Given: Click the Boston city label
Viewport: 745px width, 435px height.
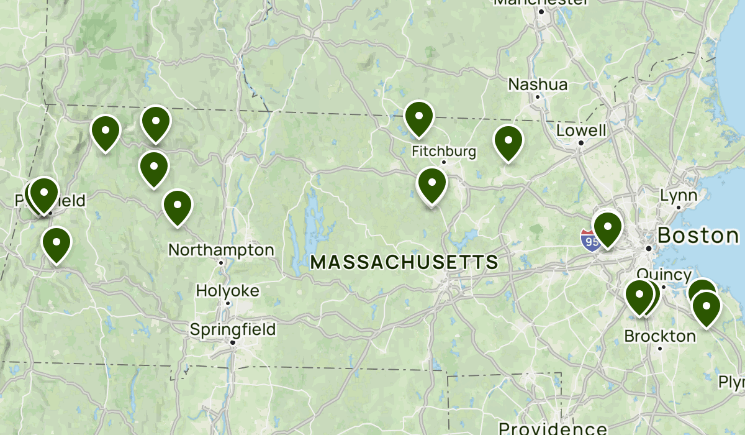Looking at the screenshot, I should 698,236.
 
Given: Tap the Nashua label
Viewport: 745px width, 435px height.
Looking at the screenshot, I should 538,84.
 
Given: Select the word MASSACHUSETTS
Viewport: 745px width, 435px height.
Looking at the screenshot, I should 404,262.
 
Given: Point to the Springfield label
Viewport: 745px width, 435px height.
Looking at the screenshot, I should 233,329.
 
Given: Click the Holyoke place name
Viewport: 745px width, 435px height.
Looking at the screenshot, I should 228,290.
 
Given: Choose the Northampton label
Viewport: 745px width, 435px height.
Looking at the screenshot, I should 221,250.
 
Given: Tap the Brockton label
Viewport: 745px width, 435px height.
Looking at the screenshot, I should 660,336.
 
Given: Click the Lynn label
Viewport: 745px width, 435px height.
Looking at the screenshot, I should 679,196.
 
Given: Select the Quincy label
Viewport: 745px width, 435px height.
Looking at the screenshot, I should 664,275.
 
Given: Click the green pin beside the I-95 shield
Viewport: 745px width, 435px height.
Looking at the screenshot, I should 607,228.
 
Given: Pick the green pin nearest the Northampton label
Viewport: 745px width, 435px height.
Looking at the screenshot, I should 178,207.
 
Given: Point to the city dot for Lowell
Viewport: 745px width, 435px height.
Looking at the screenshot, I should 580,143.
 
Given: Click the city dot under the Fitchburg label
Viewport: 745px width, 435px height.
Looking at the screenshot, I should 444,162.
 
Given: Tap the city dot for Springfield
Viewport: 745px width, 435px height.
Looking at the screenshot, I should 233,342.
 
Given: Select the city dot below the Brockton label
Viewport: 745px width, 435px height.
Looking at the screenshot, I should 660,348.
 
